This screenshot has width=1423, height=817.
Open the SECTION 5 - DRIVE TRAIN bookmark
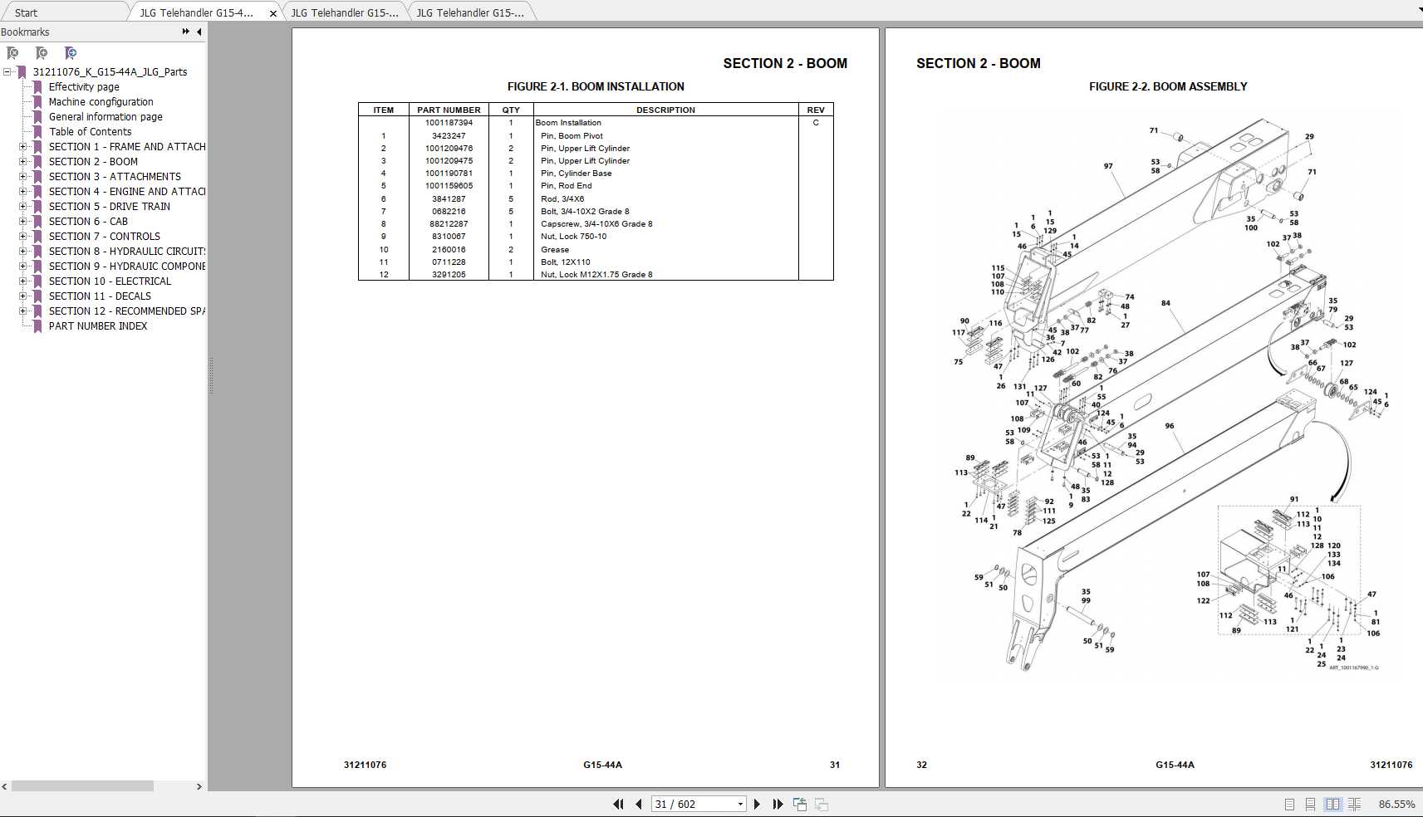(x=109, y=207)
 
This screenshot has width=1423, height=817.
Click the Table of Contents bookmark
(x=90, y=132)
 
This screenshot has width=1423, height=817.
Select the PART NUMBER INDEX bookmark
(x=97, y=326)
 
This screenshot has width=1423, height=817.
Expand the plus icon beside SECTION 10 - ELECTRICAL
(x=23, y=281)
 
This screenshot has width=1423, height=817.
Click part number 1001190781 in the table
(x=449, y=174)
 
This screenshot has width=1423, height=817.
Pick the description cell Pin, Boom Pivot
(x=572, y=136)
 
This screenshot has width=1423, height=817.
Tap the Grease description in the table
(x=555, y=250)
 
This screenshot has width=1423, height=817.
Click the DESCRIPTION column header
(x=665, y=110)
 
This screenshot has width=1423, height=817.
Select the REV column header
(x=816, y=110)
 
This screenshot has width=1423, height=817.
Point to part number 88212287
(x=449, y=224)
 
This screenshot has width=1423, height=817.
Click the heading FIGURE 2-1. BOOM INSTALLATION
(x=596, y=86)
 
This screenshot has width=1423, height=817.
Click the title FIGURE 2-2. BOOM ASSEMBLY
(x=1168, y=86)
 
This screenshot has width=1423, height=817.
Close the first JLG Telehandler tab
(x=273, y=13)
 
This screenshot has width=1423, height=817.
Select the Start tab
(x=26, y=12)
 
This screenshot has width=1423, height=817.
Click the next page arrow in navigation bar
(x=757, y=804)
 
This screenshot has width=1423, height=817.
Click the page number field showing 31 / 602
(x=693, y=804)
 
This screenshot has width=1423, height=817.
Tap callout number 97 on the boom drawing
(x=1108, y=166)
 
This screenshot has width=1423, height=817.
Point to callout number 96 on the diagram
(x=1170, y=426)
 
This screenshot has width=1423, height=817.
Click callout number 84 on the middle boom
(x=1165, y=303)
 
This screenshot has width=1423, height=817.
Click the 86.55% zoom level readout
(x=1396, y=804)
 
